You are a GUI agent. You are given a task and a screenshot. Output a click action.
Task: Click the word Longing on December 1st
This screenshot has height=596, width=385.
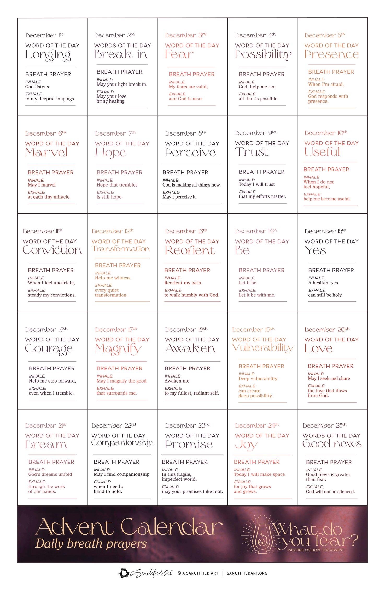48,55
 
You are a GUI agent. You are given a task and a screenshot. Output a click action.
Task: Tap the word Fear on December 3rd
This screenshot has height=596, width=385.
179,54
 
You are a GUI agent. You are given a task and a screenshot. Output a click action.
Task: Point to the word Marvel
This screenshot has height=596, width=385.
46,153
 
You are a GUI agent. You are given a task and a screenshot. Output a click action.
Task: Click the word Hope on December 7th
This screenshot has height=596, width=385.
110,153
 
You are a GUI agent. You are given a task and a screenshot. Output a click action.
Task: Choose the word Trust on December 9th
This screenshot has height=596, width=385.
252,152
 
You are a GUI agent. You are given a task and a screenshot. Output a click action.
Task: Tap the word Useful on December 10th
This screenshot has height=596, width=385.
322,152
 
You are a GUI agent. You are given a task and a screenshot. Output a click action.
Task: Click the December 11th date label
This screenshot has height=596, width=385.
43,231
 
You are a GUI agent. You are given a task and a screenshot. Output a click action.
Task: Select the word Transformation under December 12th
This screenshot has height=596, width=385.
121,249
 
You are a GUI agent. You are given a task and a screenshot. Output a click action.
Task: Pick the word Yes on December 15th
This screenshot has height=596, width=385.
315,251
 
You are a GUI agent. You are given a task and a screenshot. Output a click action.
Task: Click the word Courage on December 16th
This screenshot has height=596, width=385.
49,349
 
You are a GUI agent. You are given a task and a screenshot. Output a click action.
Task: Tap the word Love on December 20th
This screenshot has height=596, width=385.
318,348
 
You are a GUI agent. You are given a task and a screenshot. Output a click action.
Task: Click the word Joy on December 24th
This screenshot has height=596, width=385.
246,445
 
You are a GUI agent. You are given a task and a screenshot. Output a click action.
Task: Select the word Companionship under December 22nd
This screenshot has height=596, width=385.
122,443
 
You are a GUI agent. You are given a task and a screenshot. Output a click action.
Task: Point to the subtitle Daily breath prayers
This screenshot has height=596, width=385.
91,544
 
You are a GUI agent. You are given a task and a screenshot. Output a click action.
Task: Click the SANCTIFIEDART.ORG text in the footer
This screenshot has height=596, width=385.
247,573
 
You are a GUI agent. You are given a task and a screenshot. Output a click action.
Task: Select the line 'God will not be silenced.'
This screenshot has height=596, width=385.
330,492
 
